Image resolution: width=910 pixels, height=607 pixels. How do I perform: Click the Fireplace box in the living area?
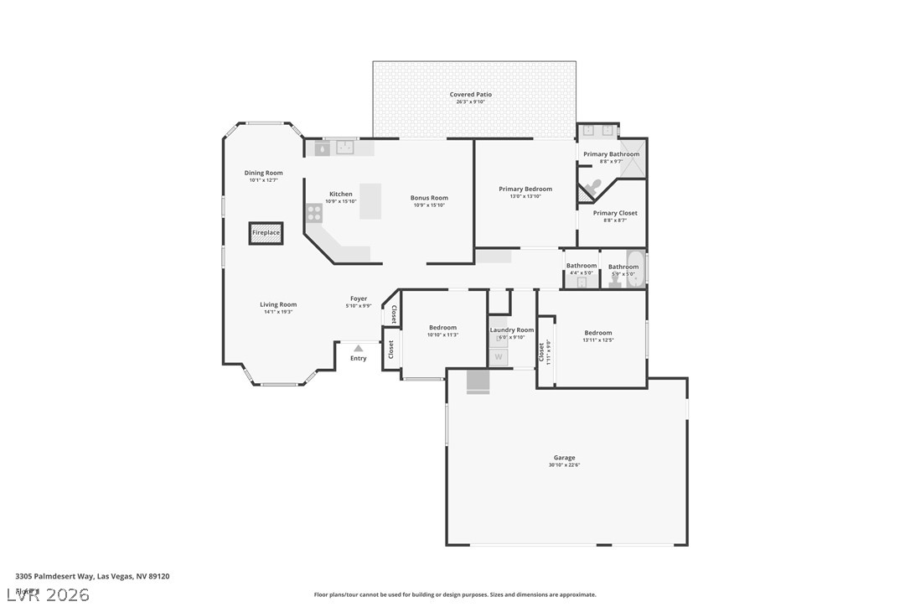coord(266,233)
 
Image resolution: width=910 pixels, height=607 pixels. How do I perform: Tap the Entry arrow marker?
coord(358,348)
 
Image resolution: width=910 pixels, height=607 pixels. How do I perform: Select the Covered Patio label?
coord(471,95)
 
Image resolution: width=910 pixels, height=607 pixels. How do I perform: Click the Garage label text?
coord(564,458)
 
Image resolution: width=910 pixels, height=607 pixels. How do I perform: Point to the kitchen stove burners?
coord(315,212)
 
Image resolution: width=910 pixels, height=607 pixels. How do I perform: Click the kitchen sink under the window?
coord(346,148)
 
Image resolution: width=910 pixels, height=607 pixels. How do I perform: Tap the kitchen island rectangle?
coord(370,201)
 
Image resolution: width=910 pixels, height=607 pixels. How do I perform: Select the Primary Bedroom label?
coord(525,189)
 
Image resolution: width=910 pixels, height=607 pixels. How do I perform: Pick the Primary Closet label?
coord(615,213)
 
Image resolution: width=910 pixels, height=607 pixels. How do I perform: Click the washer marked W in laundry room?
coord(498,357)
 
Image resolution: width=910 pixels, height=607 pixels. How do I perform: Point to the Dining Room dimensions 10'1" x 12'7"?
coord(263,180)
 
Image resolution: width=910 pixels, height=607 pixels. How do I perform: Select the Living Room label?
coord(278,304)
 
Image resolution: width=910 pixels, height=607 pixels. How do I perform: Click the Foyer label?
coord(358,298)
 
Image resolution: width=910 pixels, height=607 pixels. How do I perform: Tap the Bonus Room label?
coord(429,198)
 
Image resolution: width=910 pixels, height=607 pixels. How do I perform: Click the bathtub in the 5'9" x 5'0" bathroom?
coord(636,268)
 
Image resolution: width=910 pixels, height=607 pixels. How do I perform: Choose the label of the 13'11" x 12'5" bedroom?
coord(598,333)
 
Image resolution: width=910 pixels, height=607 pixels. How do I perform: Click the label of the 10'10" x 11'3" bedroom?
coord(442,328)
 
